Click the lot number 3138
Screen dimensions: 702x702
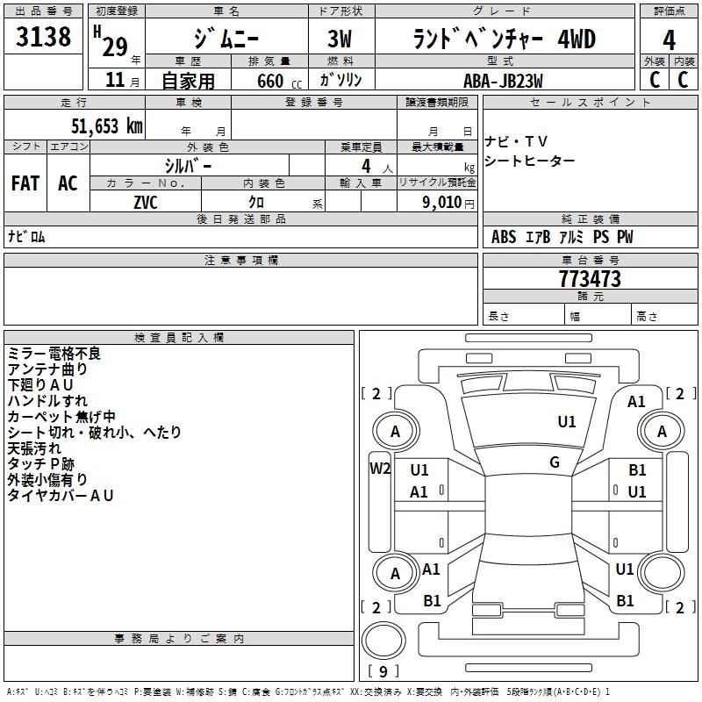pos(44,38)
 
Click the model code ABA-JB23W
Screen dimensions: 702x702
pos(503,80)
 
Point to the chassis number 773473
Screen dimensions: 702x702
pos(590,279)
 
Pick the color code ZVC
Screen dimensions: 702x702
pos(146,202)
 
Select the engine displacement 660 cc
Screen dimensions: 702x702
pos(269,81)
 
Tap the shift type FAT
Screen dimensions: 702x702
pos(25,183)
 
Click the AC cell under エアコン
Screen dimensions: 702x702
pos(68,183)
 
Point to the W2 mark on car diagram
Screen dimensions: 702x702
pos(380,469)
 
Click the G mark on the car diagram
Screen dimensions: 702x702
pos(555,462)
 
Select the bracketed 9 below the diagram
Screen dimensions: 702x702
pos(383,672)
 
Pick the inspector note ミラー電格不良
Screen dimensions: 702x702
pos(54,354)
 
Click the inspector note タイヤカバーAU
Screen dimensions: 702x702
pos(61,496)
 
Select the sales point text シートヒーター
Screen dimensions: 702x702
pos(530,161)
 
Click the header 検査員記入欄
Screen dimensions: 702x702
pos(179,338)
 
